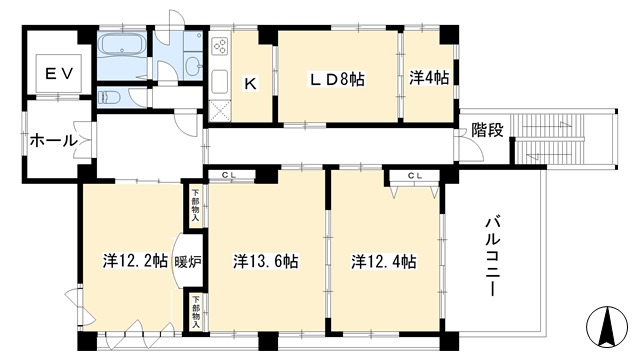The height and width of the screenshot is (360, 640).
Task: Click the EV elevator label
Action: point(59,74)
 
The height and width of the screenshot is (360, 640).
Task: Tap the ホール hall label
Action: point(53,141)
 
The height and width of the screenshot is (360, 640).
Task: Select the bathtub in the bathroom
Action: point(121,45)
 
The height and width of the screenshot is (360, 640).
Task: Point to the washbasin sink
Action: point(193,64)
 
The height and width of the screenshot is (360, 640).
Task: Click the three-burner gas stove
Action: point(220,46)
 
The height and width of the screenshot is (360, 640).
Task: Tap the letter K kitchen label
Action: point(250,84)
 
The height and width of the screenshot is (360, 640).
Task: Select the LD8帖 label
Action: point(337,79)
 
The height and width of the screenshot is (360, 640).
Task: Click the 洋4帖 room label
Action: point(429,78)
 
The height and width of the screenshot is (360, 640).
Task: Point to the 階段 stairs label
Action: point(487,130)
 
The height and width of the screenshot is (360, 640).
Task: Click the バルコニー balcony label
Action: point(490,257)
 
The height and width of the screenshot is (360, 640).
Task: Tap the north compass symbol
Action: point(607,325)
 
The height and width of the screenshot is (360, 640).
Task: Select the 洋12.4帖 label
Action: point(384,262)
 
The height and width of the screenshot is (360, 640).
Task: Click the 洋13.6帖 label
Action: point(266,261)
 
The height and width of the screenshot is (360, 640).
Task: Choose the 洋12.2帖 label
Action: point(135,261)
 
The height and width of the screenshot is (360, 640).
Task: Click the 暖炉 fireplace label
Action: point(188,262)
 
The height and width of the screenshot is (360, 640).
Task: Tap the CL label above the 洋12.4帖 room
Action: point(414,176)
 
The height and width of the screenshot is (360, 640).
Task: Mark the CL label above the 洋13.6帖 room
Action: point(229,175)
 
